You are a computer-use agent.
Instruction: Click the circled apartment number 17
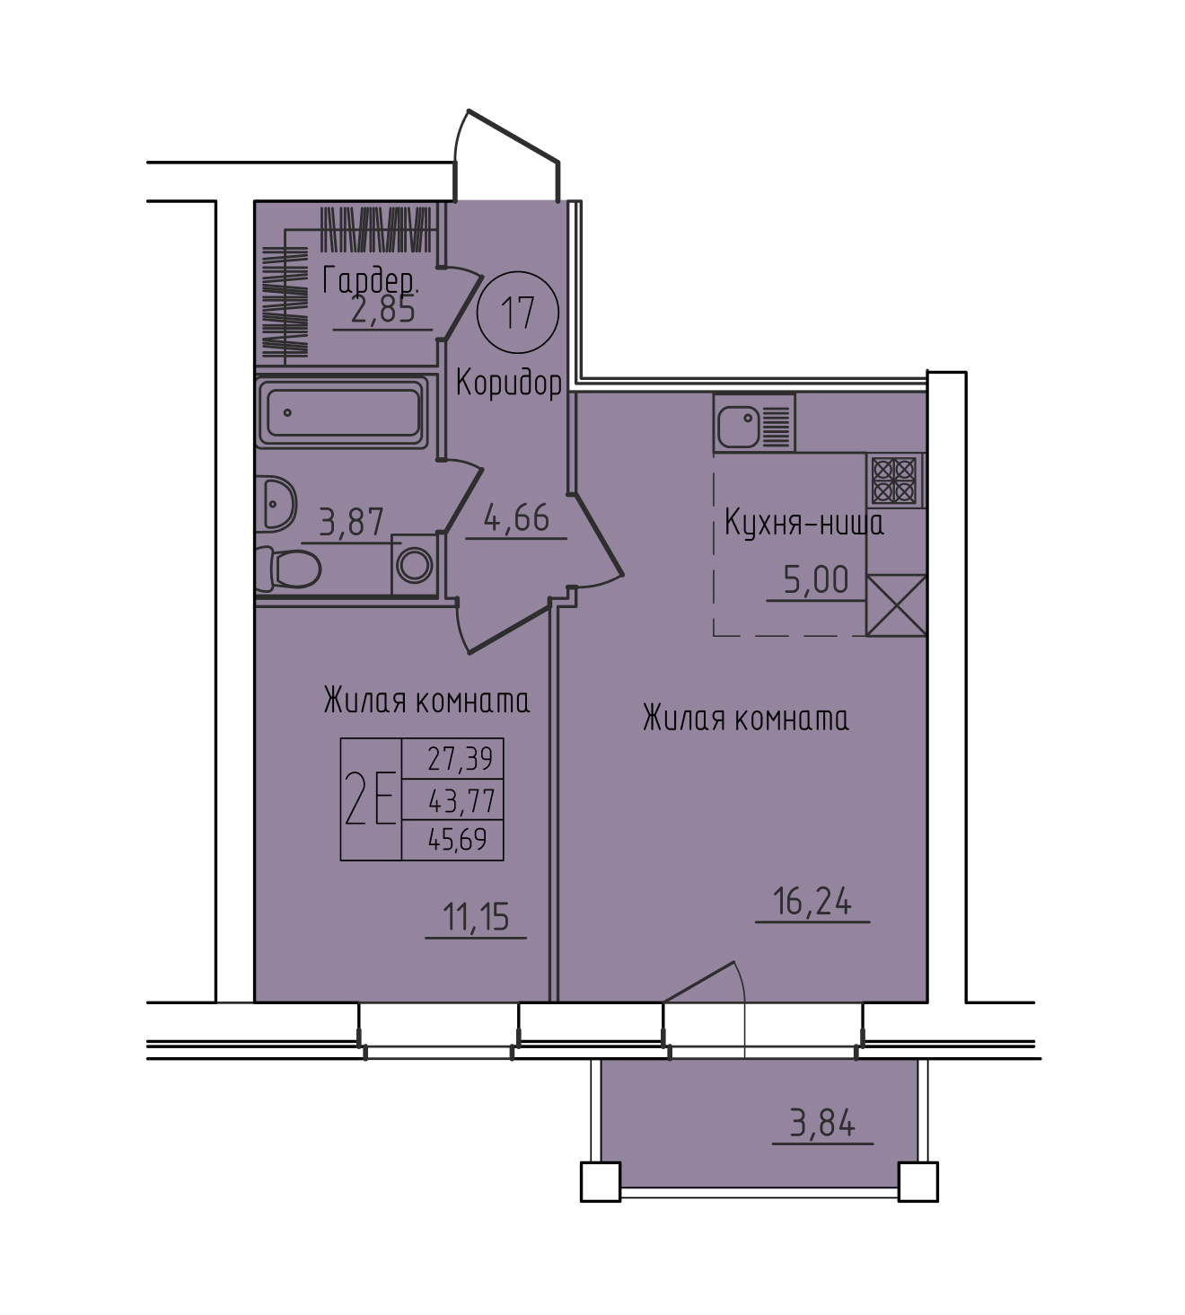coord(517,313)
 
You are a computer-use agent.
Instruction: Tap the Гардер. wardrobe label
coord(370,281)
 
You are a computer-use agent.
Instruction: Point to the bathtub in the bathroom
coord(342,412)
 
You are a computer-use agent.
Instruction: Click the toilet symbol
coord(289,569)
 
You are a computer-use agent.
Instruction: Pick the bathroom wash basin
coord(276,503)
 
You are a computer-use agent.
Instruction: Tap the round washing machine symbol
coord(414,565)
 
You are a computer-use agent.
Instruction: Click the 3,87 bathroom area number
coord(351,523)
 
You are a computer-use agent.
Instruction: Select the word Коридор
coord(509,383)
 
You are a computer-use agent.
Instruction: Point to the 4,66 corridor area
coord(516,518)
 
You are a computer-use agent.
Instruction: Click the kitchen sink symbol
coord(754,423)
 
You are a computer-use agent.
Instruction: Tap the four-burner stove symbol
coord(895,480)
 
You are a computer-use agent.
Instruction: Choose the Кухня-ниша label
coord(804,525)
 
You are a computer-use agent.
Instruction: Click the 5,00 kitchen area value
coord(816,579)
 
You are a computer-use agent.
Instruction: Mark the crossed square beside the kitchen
coord(896,605)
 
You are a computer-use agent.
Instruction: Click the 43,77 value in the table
coord(461,800)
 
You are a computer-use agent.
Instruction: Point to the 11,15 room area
coord(476,917)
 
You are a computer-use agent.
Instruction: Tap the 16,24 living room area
coord(812,901)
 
